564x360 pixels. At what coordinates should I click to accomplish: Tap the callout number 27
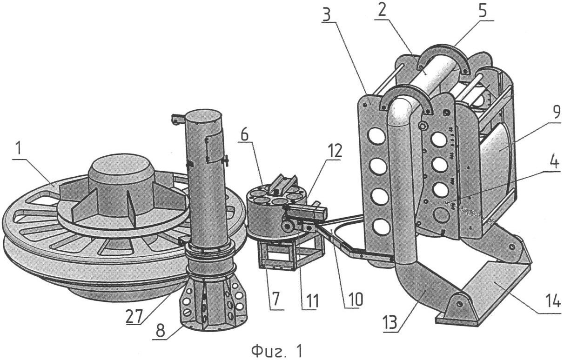coord(134,316)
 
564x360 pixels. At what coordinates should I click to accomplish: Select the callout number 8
coord(161,330)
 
